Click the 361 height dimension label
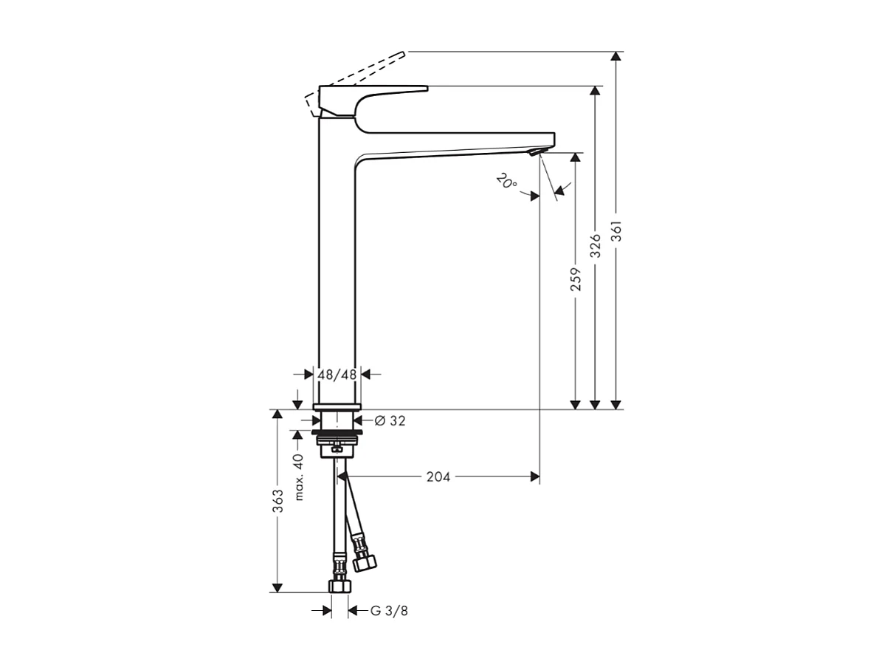tap(616, 232)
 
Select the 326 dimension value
tap(596, 245)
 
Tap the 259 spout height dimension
tap(576, 278)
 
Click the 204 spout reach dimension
tap(438, 477)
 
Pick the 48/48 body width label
tap(337, 375)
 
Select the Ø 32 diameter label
tap(390, 420)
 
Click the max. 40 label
tap(299, 477)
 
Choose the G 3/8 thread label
tap(388, 610)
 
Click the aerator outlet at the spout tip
tap(534, 151)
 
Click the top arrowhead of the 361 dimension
tap(616, 57)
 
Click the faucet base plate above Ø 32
tap(337, 406)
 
